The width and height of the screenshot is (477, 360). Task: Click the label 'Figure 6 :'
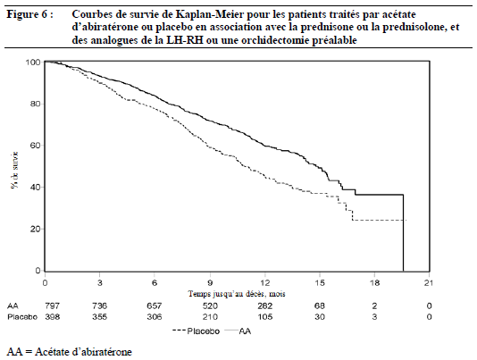(30, 14)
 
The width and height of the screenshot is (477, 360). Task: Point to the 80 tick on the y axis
(43, 104)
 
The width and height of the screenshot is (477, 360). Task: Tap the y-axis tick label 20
(36, 229)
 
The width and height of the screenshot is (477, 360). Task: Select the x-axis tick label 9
(210, 283)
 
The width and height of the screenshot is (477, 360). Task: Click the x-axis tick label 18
(374, 283)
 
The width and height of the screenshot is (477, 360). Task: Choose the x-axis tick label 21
(429, 283)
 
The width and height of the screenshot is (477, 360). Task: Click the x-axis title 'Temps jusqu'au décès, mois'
(237, 294)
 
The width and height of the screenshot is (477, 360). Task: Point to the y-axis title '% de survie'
(14, 170)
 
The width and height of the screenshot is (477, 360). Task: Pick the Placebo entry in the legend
(196, 331)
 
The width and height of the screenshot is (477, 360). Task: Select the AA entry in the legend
(238, 331)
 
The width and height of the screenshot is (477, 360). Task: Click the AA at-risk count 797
(53, 306)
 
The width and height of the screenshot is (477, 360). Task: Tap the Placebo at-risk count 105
(264, 317)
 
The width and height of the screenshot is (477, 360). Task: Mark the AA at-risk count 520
(210, 306)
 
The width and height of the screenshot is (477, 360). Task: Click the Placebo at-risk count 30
(320, 317)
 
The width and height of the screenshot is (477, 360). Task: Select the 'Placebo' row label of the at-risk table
(22, 317)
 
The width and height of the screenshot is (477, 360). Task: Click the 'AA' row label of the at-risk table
(13, 306)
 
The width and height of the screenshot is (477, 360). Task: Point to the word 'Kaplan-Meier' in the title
(206, 14)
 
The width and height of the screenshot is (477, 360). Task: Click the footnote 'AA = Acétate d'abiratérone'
(70, 352)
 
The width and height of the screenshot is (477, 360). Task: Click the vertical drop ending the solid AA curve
(403, 232)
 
